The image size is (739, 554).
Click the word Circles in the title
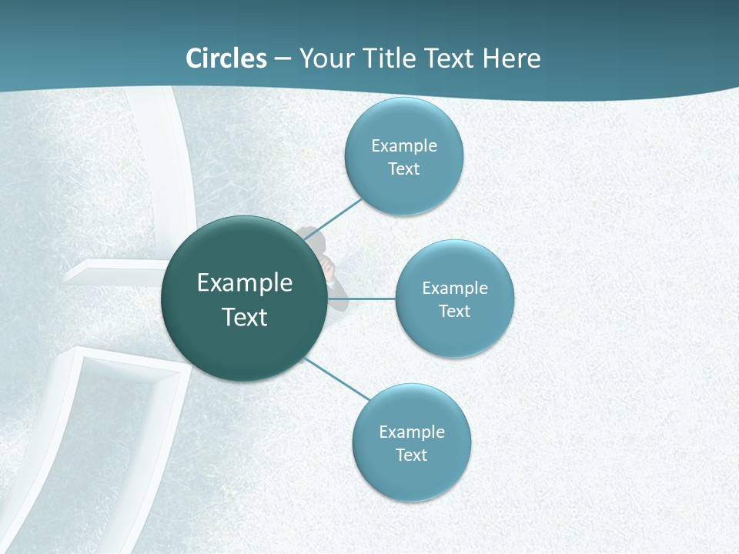click(x=226, y=58)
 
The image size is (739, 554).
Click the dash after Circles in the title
click(x=283, y=59)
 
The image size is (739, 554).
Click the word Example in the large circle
click(x=245, y=283)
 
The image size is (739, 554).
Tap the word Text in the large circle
click(x=245, y=317)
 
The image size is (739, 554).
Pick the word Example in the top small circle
click(x=404, y=145)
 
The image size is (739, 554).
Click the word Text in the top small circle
click(x=404, y=169)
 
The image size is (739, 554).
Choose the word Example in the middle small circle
click(x=455, y=288)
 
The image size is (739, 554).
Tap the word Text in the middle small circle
click(x=455, y=311)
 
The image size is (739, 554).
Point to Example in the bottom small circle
click(x=412, y=432)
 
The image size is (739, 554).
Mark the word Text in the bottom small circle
click(x=412, y=455)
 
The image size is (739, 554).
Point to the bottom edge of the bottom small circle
click(x=412, y=500)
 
